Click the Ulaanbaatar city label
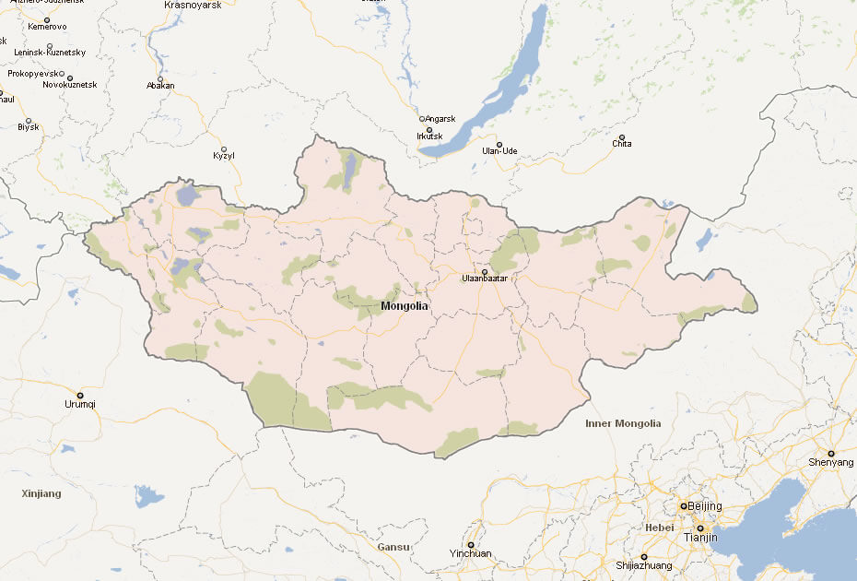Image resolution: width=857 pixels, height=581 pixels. coord(485,279)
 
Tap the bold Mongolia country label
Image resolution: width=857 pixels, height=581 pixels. coord(405,306)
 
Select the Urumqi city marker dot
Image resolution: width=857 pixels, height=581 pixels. coord(80,395)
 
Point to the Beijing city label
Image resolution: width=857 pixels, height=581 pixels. coord(704,506)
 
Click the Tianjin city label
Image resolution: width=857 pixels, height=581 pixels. coord(700,537)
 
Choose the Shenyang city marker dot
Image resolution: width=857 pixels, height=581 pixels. coord(830,453)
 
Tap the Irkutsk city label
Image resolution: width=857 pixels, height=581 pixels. coord(429,136)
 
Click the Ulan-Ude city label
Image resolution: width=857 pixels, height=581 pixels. coord(499,151)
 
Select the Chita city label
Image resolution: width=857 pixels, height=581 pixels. coord(622,144)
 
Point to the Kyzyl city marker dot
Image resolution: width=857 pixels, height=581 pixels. coord(224,148)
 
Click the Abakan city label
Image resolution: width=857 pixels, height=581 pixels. coord(159,87)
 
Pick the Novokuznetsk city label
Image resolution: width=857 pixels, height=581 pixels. coord(69,85)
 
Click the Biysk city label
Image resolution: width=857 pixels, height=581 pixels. coord(29,127)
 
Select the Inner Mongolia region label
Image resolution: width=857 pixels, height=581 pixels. coord(623,424)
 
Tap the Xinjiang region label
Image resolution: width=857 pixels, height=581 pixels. coord(41,493)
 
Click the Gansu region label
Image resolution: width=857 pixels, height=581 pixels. coord(393,547)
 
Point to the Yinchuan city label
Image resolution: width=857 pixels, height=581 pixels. coord(470,554)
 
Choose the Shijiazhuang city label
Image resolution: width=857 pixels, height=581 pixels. coord(643,565)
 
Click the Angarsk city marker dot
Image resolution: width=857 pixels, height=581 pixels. coord(422,119)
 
